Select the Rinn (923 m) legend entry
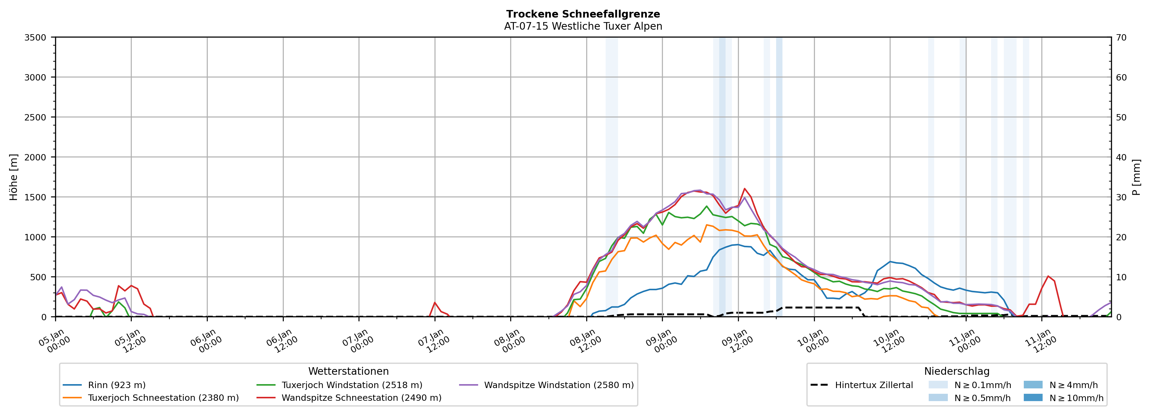pyautogui.click(x=117, y=385)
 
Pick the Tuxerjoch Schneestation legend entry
pyautogui.click(x=163, y=398)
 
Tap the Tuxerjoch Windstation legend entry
pyautogui.click(x=352, y=385)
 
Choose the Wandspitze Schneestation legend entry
pyautogui.click(x=361, y=398)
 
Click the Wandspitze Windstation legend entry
pyautogui.click(x=558, y=385)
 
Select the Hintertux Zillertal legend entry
pyautogui.click(x=874, y=385)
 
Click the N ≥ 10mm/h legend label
pyautogui.click(x=1076, y=398)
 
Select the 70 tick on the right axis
pyautogui.click(x=1121, y=38)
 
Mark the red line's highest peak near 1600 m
pyautogui.click(x=744, y=189)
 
